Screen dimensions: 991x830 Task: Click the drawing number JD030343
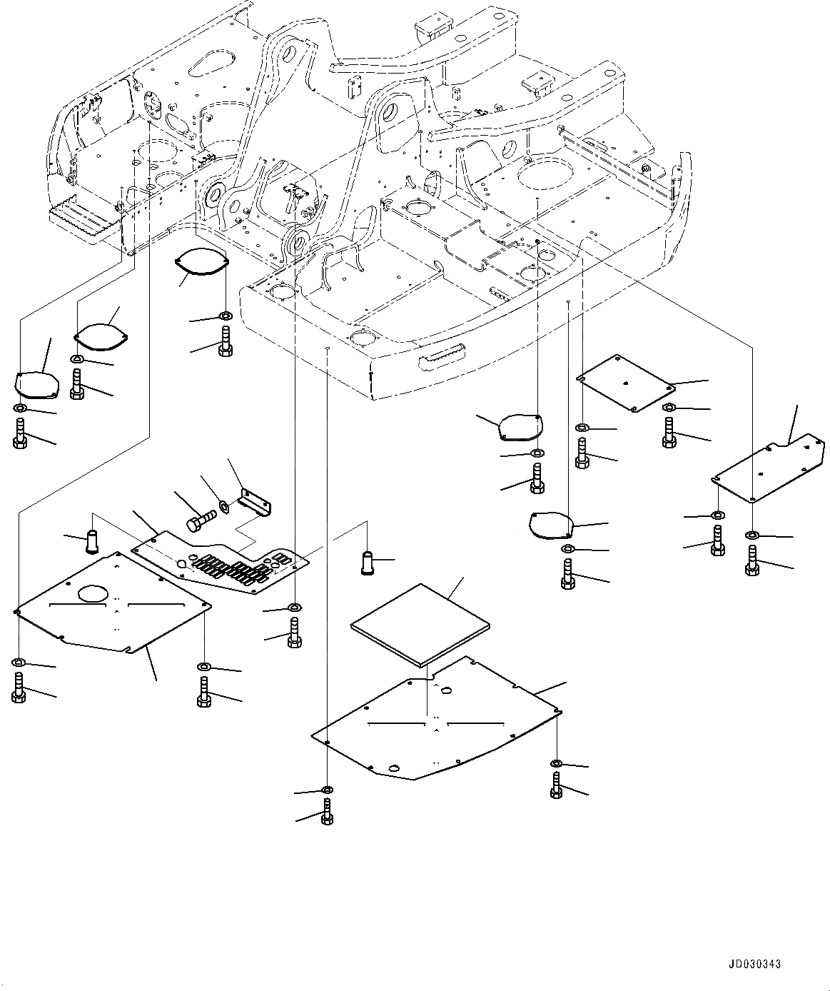(754, 964)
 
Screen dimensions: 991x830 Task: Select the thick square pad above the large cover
(421, 623)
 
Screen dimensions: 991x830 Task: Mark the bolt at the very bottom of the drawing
(327, 812)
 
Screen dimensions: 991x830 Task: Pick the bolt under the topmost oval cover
(225, 339)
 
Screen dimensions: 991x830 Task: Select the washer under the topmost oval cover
(225, 316)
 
